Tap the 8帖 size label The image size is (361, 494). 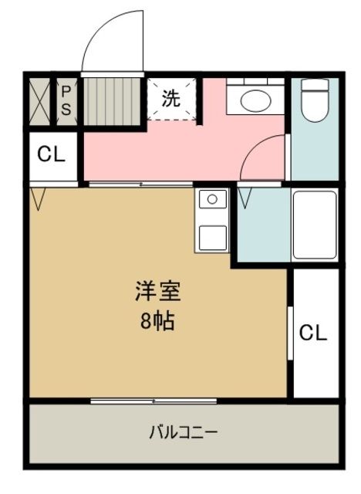pos(157,320)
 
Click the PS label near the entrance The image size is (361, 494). pos(66,101)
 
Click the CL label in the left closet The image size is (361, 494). pos(52,154)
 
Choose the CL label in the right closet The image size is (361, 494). pos(313,333)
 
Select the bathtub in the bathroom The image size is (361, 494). pos(314,225)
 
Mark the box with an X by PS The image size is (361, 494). pos(39,101)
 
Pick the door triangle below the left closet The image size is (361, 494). pos(39,200)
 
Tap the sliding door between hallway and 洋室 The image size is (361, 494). pos(139,184)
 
